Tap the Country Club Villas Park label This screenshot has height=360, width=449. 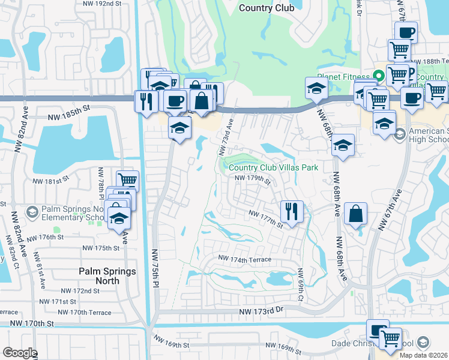[273, 168]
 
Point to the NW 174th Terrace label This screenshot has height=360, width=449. [245, 260]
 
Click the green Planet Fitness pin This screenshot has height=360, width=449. [378, 77]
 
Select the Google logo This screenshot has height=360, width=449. [20, 353]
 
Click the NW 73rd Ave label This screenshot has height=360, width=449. [229, 135]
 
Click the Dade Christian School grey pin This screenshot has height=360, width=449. [423, 343]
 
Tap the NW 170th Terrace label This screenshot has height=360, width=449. [84, 313]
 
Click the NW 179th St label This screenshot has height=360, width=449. [253, 178]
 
